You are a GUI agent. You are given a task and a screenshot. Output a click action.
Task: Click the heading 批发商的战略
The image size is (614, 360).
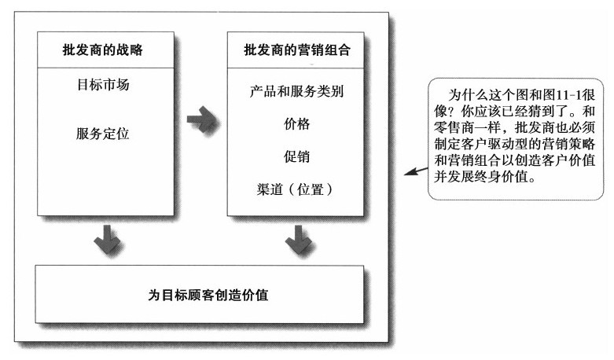tap(102, 50)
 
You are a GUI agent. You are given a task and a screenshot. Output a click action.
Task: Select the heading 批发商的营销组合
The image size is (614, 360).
tap(297, 50)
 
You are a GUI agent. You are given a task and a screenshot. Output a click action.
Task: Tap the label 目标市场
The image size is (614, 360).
tap(103, 85)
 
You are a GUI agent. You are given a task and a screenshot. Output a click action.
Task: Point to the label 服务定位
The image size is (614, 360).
tap(102, 134)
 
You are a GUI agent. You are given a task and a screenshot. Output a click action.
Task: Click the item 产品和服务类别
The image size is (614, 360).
tap(296, 91)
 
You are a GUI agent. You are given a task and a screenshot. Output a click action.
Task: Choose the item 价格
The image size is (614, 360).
tap(296, 123)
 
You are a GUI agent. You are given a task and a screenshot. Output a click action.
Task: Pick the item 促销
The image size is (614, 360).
tap(296, 156)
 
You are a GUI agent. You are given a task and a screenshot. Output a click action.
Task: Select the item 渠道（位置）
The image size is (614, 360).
tap(295, 189)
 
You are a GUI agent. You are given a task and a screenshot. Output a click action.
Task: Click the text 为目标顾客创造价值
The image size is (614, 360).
tap(208, 295)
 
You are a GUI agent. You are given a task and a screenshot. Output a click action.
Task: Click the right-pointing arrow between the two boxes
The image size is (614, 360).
tap(201, 119)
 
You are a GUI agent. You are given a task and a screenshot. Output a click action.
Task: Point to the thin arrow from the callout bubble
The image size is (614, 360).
tap(416, 171)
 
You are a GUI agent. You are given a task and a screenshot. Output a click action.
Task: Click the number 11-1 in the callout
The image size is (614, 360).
tap(568, 94)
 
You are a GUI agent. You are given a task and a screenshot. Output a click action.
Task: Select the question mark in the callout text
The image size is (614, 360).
tap(454, 111)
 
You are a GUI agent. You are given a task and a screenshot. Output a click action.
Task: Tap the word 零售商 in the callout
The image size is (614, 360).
tap(454, 127)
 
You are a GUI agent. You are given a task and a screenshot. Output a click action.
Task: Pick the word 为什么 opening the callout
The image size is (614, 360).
tap(468, 94)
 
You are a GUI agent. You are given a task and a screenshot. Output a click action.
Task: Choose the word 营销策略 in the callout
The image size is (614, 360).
tap(575, 144)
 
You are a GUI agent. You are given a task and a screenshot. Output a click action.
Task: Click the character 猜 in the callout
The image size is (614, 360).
tap(535, 111)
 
